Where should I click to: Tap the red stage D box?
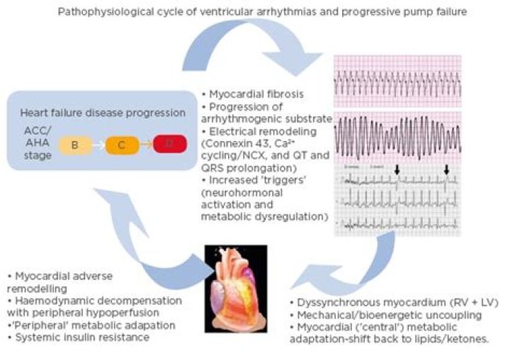pyautogui.click(x=167, y=145)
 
